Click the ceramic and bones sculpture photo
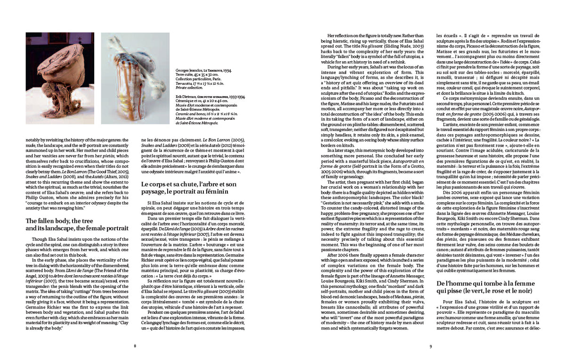click(x=135, y=78)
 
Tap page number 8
click(x=135, y=346)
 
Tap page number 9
click(x=430, y=346)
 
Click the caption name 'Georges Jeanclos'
click(x=189, y=70)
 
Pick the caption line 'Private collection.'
click(x=191, y=87)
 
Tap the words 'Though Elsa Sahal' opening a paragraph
click(x=47, y=239)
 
